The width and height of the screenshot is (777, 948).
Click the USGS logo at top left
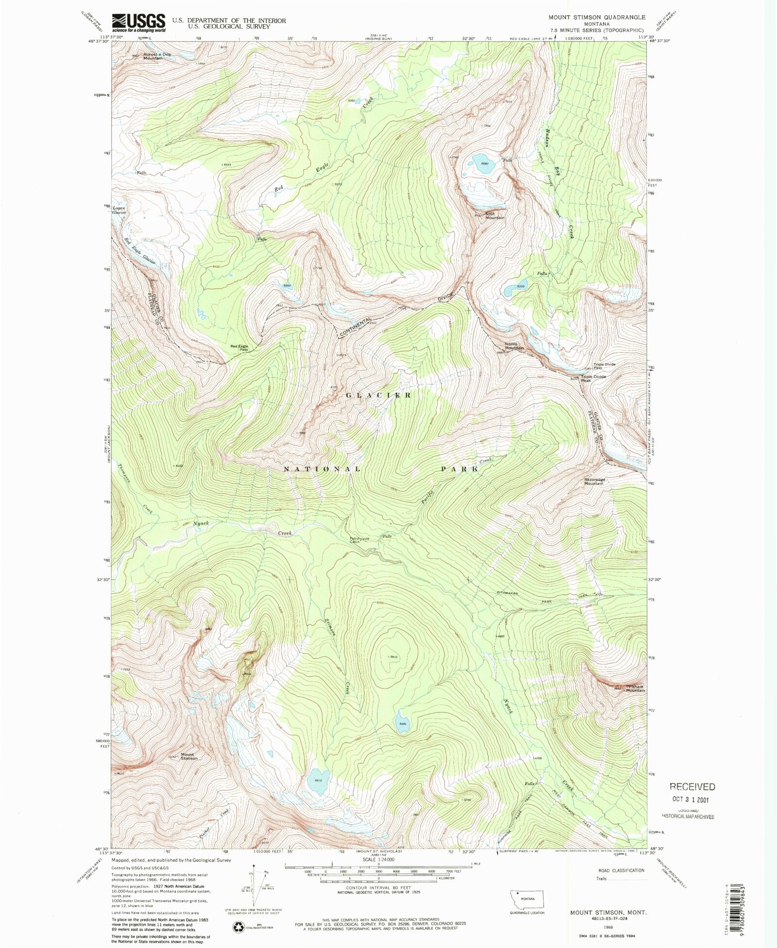click(x=138, y=22)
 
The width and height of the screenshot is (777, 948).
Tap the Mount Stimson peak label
click(x=189, y=757)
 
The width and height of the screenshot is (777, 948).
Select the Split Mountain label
click(x=494, y=216)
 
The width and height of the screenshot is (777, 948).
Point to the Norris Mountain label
click(x=514, y=346)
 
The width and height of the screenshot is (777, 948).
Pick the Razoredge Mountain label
click(x=594, y=482)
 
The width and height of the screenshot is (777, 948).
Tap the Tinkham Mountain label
click(x=635, y=688)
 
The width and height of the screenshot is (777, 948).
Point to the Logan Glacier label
click(x=119, y=210)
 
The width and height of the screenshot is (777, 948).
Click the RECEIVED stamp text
click(x=692, y=786)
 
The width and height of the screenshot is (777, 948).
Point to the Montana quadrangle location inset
click(x=527, y=900)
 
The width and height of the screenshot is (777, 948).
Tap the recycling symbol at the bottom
click(x=238, y=927)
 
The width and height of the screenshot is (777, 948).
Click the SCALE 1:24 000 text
click(x=378, y=860)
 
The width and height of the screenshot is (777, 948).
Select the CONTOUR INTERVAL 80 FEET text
click(x=379, y=888)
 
